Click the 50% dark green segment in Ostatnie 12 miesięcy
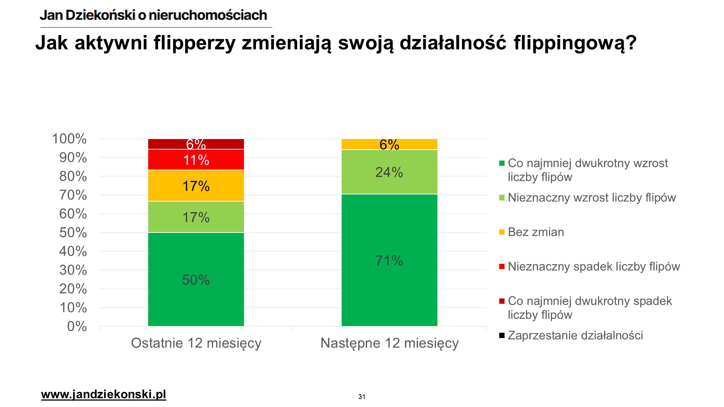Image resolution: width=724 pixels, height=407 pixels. [196, 279]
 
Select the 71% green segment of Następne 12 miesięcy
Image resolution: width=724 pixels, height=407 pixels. [389, 260]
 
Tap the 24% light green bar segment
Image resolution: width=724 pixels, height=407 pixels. [389, 172]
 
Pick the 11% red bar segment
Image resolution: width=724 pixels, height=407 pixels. [196, 160]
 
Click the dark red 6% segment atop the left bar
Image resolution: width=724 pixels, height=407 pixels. [196, 144]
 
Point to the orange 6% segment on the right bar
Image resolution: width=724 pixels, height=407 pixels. [389, 144]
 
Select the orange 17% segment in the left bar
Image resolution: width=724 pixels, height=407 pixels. [196, 186]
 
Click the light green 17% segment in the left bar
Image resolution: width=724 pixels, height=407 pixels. [196, 217]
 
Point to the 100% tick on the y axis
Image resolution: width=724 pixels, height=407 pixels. [69, 139]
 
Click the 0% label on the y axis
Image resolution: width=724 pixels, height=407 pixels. [77, 326]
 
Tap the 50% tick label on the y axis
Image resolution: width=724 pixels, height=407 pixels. [73, 233]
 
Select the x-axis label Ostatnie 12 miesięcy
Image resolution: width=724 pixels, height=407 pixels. [196, 343]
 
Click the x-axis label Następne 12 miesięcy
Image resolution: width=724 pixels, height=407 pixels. [390, 343]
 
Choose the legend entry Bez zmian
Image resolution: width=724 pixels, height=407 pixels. [536, 232]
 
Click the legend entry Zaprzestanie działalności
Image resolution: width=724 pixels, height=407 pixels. [575, 335]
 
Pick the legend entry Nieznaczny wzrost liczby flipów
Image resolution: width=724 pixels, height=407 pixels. [592, 198]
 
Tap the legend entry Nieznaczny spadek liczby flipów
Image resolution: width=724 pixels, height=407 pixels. [594, 266]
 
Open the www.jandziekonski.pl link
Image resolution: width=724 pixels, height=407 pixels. [103, 395]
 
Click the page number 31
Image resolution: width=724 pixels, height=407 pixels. [362, 396]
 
